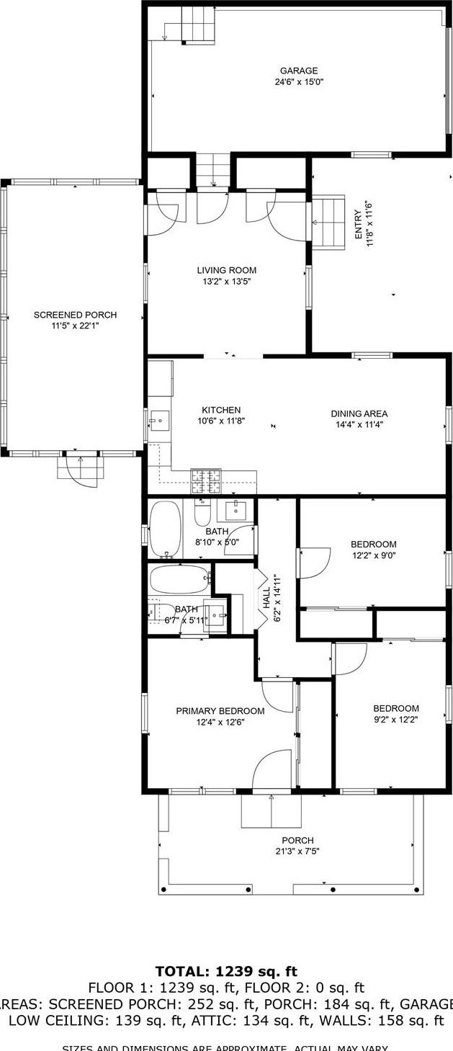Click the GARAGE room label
[x=299, y=71]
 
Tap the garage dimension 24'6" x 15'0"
[x=299, y=82]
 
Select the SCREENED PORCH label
[x=75, y=315]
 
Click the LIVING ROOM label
[x=227, y=270]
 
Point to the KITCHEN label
[x=221, y=410]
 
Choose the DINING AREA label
[x=359, y=413]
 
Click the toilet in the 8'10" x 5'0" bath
[x=202, y=514]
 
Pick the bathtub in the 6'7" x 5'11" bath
[x=179, y=578]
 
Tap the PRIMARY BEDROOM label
[x=220, y=711]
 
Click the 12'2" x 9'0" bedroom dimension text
[x=373, y=555]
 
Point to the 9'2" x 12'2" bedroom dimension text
[x=395, y=719]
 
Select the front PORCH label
[x=297, y=840]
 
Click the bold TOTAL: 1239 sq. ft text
[x=226, y=971]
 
